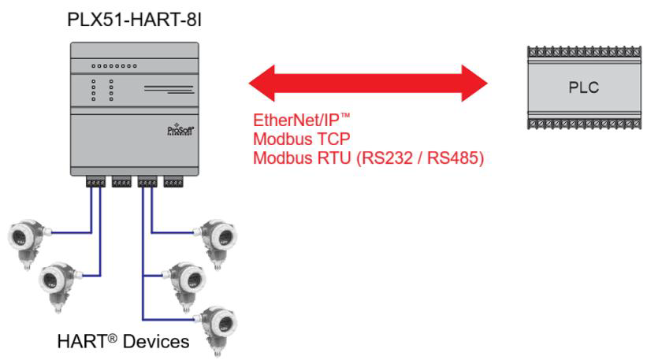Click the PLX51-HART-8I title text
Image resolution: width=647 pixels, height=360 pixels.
pyautogui.click(x=134, y=20)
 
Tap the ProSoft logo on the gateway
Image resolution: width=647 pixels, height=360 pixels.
pyautogui.click(x=180, y=130)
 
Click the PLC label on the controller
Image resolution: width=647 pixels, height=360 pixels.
pyautogui.click(x=583, y=87)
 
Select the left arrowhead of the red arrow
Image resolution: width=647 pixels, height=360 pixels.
pyautogui.click(x=262, y=83)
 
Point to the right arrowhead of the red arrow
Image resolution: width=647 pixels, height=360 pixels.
pyautogui.click(x=474, y=83)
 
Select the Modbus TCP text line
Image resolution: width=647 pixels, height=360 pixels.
pyautogui.click(x=302, y=139)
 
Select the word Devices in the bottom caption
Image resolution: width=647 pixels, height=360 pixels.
pyautogui.click(x=156, y=341)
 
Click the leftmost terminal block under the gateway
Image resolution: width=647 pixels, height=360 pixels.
pyautogui.click(x=95, y=181)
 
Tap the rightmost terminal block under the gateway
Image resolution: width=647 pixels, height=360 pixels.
pyautogui.click(x=173, y=181)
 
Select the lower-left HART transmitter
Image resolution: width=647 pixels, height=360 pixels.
pyautogui.click(x=60, y=287)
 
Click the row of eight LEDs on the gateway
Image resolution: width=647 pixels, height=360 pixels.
pyautogui.click(x=114, y=66)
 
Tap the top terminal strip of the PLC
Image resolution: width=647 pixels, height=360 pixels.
pyautogui.click(x=584, y=52)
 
